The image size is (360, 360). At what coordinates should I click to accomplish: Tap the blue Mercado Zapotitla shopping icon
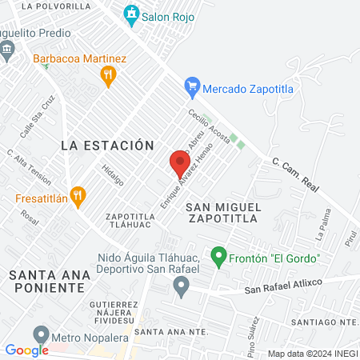(x=192, y=86)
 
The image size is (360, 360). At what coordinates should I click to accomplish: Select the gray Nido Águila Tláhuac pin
(x=182, y=285)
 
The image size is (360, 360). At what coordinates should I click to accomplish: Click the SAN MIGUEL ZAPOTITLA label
(x=223, y=211)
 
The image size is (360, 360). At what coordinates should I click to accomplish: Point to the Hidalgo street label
(x=113, y=174)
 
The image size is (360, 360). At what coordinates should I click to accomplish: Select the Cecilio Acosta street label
(x=210, y=127)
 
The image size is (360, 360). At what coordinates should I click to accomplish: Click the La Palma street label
(x=322, y=226)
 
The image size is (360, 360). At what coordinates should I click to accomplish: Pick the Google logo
(x=26, y=350)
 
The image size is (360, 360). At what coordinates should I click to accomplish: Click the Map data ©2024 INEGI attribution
(x=312, y=354)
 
